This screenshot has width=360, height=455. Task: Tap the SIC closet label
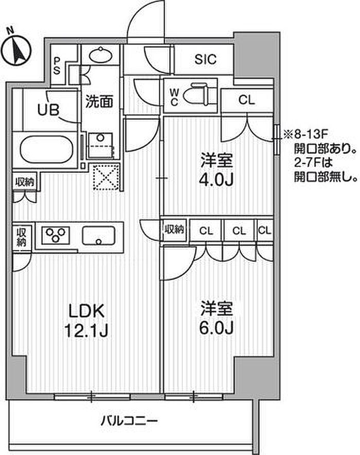tap(205, 60)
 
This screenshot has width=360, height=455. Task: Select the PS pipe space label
tap(57, 66)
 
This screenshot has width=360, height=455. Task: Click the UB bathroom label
tap(48, 110)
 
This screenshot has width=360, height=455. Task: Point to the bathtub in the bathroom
tap(46, 150)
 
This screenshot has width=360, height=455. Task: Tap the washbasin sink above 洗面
tap(100, 55)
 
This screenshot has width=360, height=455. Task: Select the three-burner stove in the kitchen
tap(56, 235)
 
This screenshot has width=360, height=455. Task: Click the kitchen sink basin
tap(99, 236)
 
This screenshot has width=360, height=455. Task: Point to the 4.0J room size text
tap(216, 180)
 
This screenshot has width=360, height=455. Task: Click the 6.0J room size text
tap(216, 328)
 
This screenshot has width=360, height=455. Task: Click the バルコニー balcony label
tap(129, 421)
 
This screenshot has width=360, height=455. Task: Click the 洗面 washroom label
tap(99, 101)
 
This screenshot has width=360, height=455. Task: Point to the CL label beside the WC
tap(247, 100)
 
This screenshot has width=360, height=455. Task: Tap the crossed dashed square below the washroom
tap(106, 177)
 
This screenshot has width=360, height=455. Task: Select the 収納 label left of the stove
tap(22, 237)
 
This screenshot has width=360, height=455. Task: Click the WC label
tap(174, 97)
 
